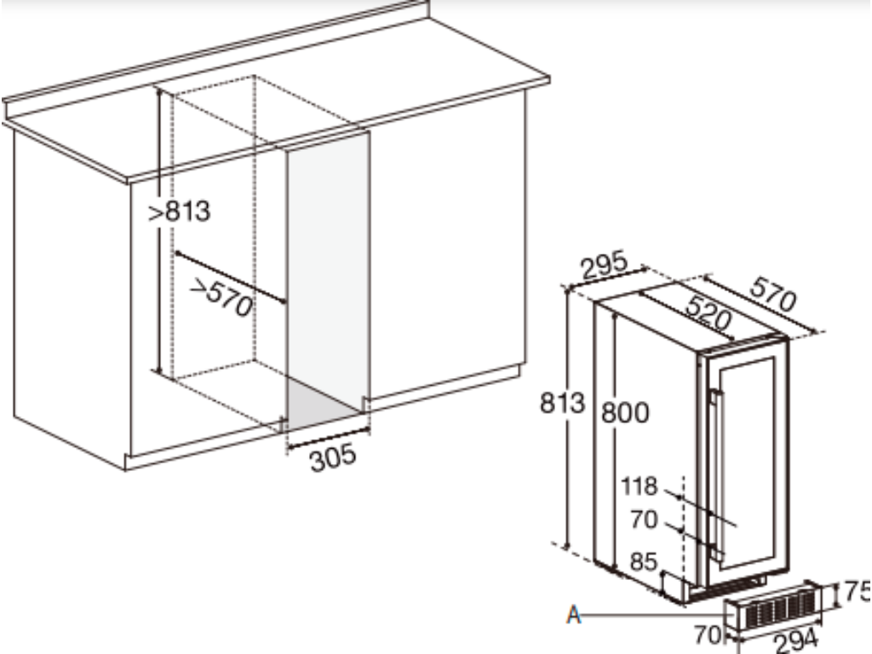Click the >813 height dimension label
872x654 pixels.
point(179,211)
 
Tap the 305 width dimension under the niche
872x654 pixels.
point(333,457)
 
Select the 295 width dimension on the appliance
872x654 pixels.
point(605,265)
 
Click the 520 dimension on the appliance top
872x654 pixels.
point(708,313)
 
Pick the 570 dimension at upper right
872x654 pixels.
point(773,295)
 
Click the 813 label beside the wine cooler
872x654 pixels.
point(562,402)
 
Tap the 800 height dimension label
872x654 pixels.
point(625,413)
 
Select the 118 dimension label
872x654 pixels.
point(639,486)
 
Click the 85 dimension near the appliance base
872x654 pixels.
point(644,562)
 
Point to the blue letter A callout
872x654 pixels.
point(573,615)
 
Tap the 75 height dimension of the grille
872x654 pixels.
point(857,592)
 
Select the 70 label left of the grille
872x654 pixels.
point(708,634)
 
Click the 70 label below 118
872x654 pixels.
point(644,519)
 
